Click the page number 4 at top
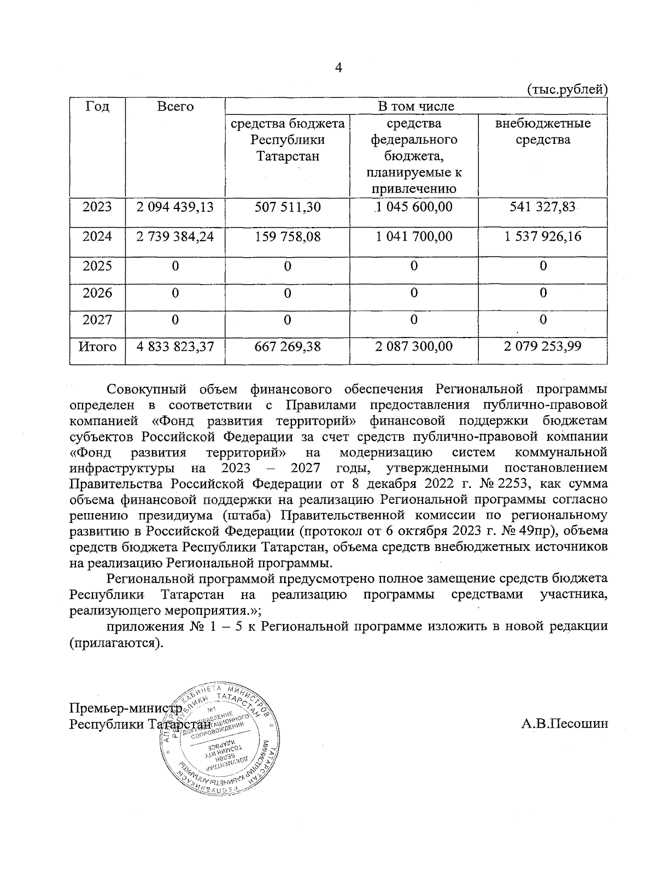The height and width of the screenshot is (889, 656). coord(338,68)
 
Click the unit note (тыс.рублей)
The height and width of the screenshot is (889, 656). coord(567,89)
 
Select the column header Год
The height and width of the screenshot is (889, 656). coord(97,107)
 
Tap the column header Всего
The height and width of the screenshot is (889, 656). coord(175,107)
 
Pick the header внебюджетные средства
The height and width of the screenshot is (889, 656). coord(542,131)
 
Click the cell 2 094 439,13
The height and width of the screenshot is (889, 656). coord(175,207)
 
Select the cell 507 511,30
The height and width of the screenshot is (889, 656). coord(288,207)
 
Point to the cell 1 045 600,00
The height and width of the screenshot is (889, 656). coord(414,207)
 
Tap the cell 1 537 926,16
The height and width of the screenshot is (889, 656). coord(542,237)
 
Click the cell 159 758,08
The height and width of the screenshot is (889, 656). coord(288,237)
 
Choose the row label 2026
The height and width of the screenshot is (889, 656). coord(97,293)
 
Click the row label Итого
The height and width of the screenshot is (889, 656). coord(97,347)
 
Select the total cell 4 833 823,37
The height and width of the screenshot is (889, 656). coord(175,347)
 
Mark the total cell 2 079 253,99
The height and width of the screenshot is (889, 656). coord(542,347)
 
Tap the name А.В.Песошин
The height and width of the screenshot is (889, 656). coord(564,724)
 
